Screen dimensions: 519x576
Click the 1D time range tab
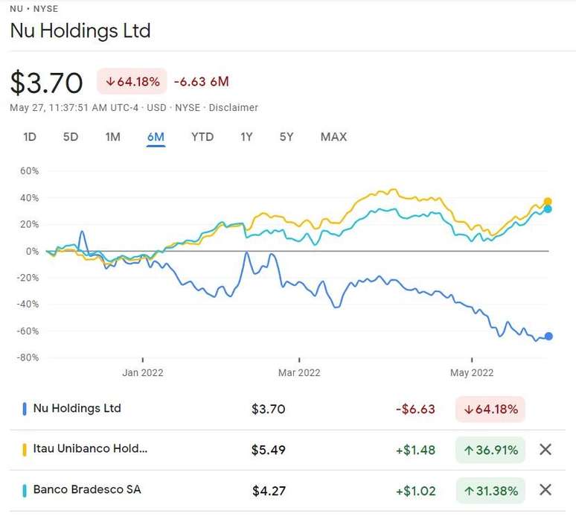[x=30, y=137]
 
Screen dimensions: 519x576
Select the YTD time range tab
[x=202, y=137]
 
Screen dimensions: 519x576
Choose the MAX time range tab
[x=333, y=137]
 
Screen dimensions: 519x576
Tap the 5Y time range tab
[x=287, y=137]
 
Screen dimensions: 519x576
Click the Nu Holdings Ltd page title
[x=80, y=31]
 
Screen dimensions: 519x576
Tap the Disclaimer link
[x=234, y=108]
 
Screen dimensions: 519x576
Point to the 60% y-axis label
[x=29, y=171]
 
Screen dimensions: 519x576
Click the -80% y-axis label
[x=28, y=357]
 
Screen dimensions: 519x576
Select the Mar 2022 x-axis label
[x=298, y=372]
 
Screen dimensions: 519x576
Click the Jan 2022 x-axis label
[x=142, y=372]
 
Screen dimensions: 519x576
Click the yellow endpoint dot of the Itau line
[x=548, y=202]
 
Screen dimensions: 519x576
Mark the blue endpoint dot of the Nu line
[x=548, y=337]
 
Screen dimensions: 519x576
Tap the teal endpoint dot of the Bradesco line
[x=548, y=209]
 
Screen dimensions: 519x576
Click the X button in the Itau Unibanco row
[x=545, y=450]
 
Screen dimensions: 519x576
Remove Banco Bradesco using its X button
[x=545, y=490]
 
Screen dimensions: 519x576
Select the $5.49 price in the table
[x=269, y=450]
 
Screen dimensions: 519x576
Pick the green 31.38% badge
[x=490, y=490]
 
